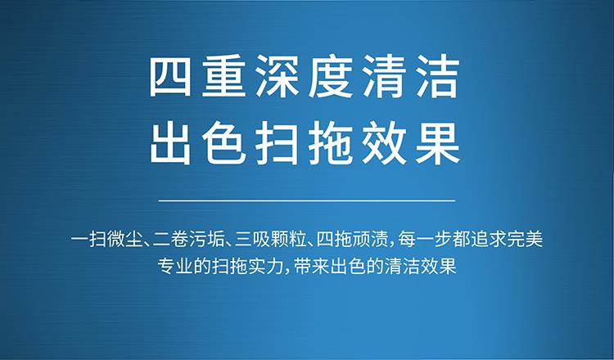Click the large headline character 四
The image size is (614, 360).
(x=170, y=77)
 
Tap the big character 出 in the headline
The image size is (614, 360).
(x=170, y=144)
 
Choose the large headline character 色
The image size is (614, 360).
(x=223, y=144)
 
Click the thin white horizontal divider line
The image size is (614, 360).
(x=307, y=200)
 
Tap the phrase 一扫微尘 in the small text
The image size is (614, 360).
(x=107, y=240)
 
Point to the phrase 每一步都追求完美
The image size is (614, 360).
(x=471, y=240)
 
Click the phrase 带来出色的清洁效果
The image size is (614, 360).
(x=376, y=266)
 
